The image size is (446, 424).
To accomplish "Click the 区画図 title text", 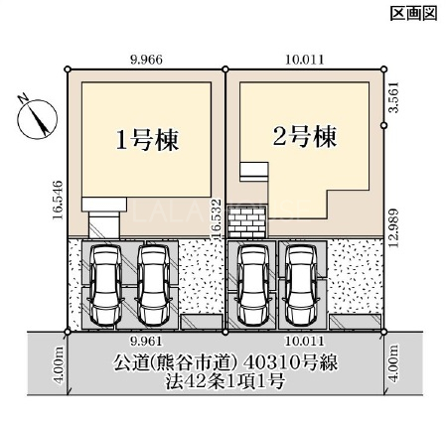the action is (413, 14).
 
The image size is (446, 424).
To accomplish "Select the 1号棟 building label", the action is (147, 140).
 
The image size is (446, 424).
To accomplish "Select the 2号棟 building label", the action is (304, 136).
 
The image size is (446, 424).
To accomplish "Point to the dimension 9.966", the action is (146, 60).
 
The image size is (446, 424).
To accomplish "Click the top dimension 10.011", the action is (304, 60).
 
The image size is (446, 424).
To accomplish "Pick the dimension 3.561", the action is (394, 97).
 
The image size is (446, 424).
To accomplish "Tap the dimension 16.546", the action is (58, 200).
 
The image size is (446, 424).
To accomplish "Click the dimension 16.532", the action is (217, 218).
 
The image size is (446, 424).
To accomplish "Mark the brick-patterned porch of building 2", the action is (247, 221).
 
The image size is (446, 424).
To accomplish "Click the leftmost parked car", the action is (106, 284).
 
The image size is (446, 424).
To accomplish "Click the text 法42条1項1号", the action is (225, 381).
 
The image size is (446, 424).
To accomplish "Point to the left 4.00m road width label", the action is (60, 363).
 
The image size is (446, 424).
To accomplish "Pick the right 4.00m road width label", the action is (394, 363).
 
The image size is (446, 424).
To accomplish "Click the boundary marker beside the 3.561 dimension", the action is (384, 125).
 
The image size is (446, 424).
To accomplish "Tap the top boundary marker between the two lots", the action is (225, 70).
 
